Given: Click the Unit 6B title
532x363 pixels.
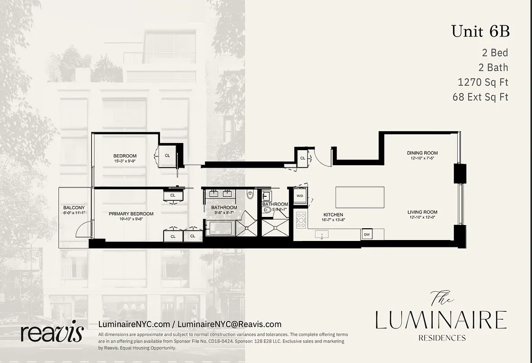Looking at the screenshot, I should pos(480,31).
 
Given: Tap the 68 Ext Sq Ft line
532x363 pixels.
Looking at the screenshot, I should pos(480,97).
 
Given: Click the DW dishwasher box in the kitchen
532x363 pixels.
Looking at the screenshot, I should pos(366,235).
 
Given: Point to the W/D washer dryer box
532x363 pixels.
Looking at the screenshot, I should pos(300,196).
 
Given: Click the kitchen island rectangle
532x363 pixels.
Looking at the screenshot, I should pos(360,197).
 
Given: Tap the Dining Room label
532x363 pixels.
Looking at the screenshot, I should pos(422,153).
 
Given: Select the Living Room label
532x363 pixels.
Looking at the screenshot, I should pos(422,212).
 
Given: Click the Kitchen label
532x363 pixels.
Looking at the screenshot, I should pos(333,215).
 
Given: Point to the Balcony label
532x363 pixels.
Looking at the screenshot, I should pos(74,208).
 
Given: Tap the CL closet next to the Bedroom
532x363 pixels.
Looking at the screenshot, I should pos(167,156).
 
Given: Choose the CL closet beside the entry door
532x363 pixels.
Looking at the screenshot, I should pos(303,158).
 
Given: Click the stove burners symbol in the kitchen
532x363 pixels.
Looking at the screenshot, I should pos(301,220).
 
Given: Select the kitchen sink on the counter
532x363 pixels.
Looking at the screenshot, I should pos(322,235).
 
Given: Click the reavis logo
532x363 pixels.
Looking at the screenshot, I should pos(52,333).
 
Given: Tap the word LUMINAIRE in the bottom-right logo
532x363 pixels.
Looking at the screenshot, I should pos(441,320).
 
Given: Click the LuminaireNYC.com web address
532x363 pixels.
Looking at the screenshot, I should pos(134,324).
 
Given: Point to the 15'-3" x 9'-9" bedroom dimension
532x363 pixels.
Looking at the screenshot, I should pos(125,161).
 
